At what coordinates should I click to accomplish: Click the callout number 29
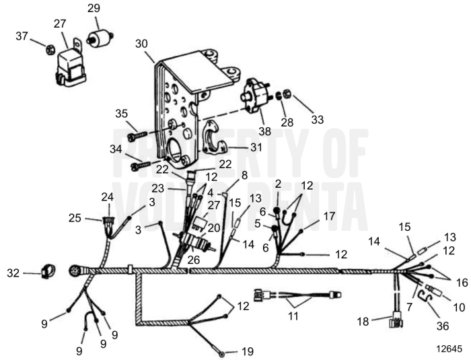click(x=94, y=9)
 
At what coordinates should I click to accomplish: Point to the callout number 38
click(x=264, y=131)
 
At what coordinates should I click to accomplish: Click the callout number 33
click(x=317, y=119)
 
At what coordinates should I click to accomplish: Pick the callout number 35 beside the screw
click(x=121, y=112)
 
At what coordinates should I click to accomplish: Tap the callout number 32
click(x=13, y=273)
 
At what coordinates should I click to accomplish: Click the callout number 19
click(x=248, y=351)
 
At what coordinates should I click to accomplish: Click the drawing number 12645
click(x=449, y=350)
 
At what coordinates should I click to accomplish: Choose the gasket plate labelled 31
click(x=215, y=136)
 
